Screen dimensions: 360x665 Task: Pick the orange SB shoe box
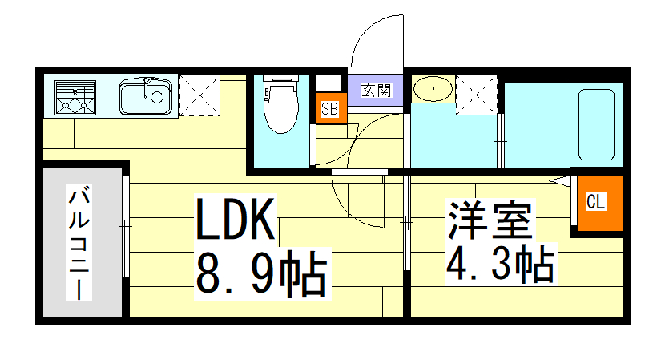pyautogui.click(x=329, y=109)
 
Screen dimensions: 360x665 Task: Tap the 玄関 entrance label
pyautogui.click(x=375, y=90)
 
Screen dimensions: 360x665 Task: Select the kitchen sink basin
pyautogui.click(x=147, y=98)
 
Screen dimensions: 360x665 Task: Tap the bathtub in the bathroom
pyautogui.click(x=596, y=123)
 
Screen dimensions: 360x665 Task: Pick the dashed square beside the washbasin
pyautogui.click(x=475, y=95)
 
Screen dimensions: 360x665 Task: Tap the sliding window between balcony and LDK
pyautogui.click(x=126, y=228)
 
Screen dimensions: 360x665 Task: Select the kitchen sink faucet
pyautogui.click(x=148, y=82)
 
